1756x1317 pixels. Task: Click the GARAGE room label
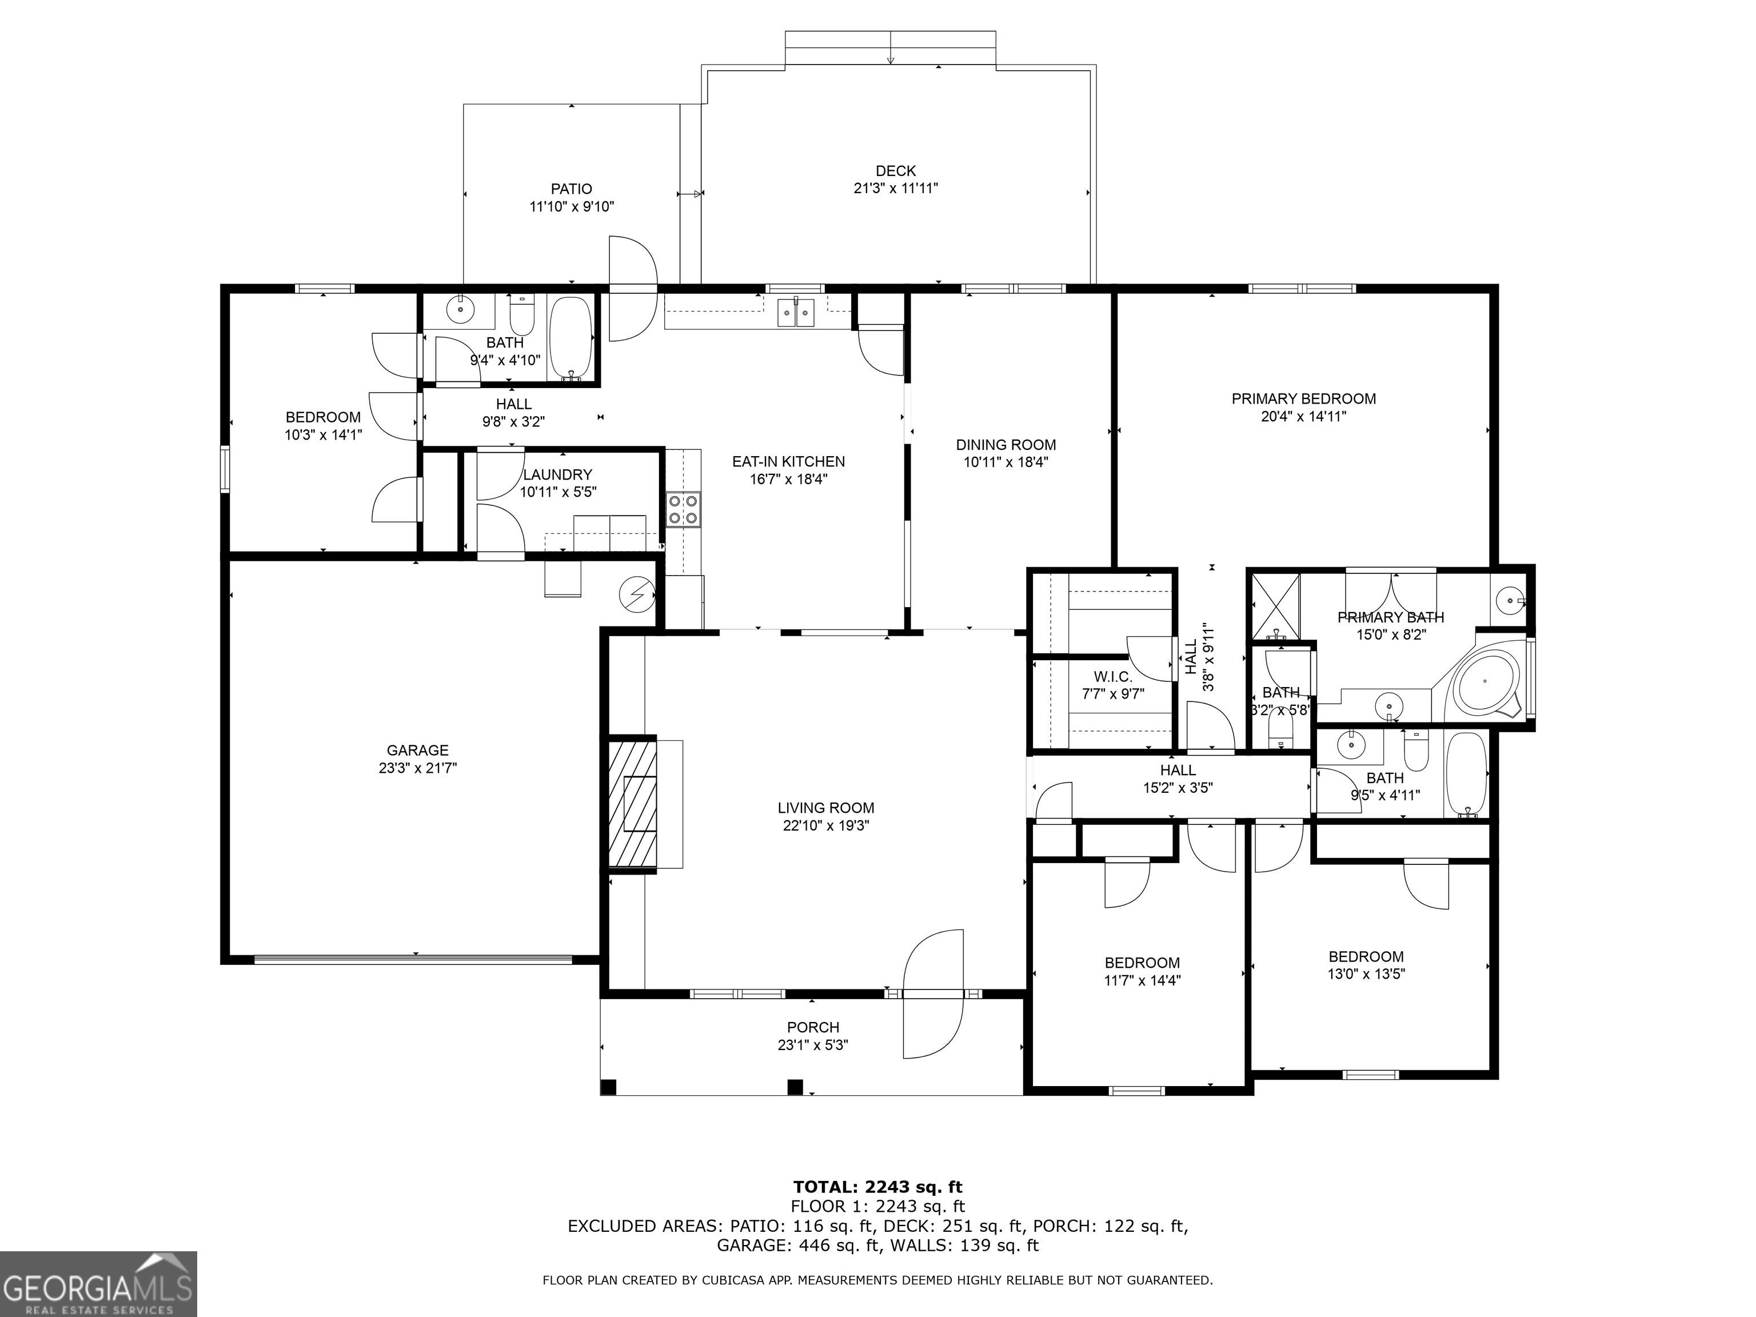(x=418, y=750)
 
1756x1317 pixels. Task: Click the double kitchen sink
(x=796, y=313)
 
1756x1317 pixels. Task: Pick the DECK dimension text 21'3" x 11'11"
(x=896, y=188)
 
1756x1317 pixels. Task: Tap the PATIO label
(x=572, y=189)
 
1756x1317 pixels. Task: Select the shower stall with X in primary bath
(x=1276, y=606)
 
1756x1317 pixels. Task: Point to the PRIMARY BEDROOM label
(x=1303, y=398)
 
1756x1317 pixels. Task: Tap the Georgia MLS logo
(x=98, y=1284)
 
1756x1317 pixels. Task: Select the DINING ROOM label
(x=1006, y=445)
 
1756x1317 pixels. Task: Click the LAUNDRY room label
(x=557, y=474)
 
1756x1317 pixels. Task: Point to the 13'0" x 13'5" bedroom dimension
(x=1366, y=974)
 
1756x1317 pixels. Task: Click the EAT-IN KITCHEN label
(x=788, y=461)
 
